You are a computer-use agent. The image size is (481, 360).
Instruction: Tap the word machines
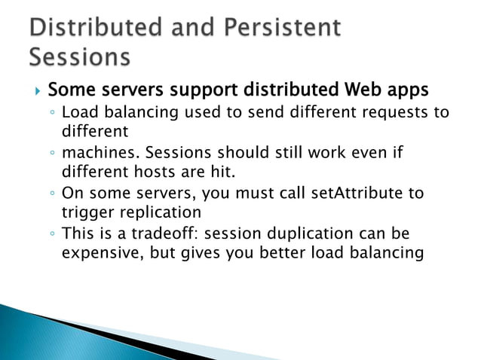point(96,153)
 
